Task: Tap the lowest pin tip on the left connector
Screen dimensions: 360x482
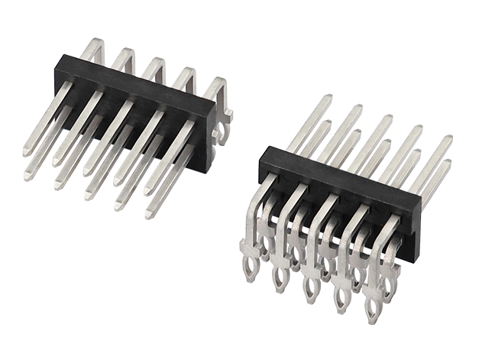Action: click(x=150, y=215)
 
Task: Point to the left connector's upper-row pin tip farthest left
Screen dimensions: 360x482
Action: click(x=27, y=153)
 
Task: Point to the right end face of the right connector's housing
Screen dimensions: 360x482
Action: click(x=412, y=229)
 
